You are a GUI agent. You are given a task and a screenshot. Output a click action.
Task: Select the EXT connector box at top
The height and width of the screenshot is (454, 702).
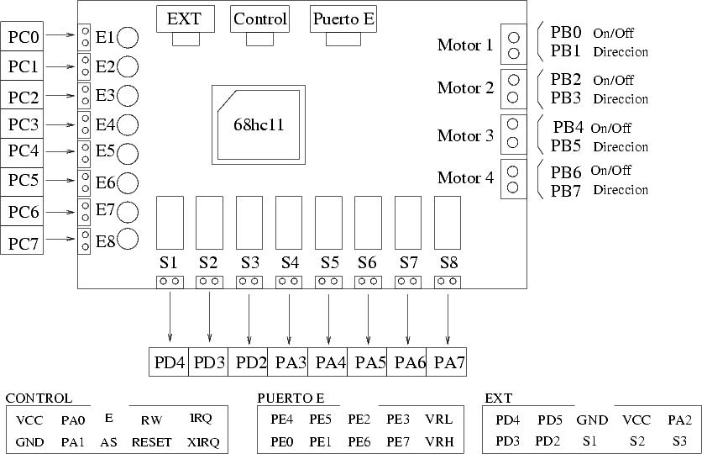pos(185,19)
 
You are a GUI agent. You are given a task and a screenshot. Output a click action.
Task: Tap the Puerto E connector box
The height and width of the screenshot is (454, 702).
pos(343,19)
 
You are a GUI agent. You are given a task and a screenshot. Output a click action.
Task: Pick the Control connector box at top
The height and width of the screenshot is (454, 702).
pos(259,19)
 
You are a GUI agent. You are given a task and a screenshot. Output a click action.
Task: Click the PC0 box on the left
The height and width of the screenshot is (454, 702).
pos(23,37)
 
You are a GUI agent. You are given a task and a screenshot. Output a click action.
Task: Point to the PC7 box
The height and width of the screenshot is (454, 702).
pos(23,243)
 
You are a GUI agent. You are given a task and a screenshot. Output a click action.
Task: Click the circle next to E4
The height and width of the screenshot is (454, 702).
pos(128,125)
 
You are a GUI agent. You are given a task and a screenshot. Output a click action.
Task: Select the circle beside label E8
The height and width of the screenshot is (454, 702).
pos(128,240)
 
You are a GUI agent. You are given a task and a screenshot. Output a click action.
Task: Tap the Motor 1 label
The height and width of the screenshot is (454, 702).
pos(465,45)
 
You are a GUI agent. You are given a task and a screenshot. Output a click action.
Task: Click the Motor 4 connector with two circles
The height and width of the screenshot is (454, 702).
pos(512,179)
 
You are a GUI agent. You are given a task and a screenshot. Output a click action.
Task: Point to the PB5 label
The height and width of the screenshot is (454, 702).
pos(567,146)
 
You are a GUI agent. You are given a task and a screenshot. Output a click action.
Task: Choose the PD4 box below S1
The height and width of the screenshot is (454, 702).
pos(168,362)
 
